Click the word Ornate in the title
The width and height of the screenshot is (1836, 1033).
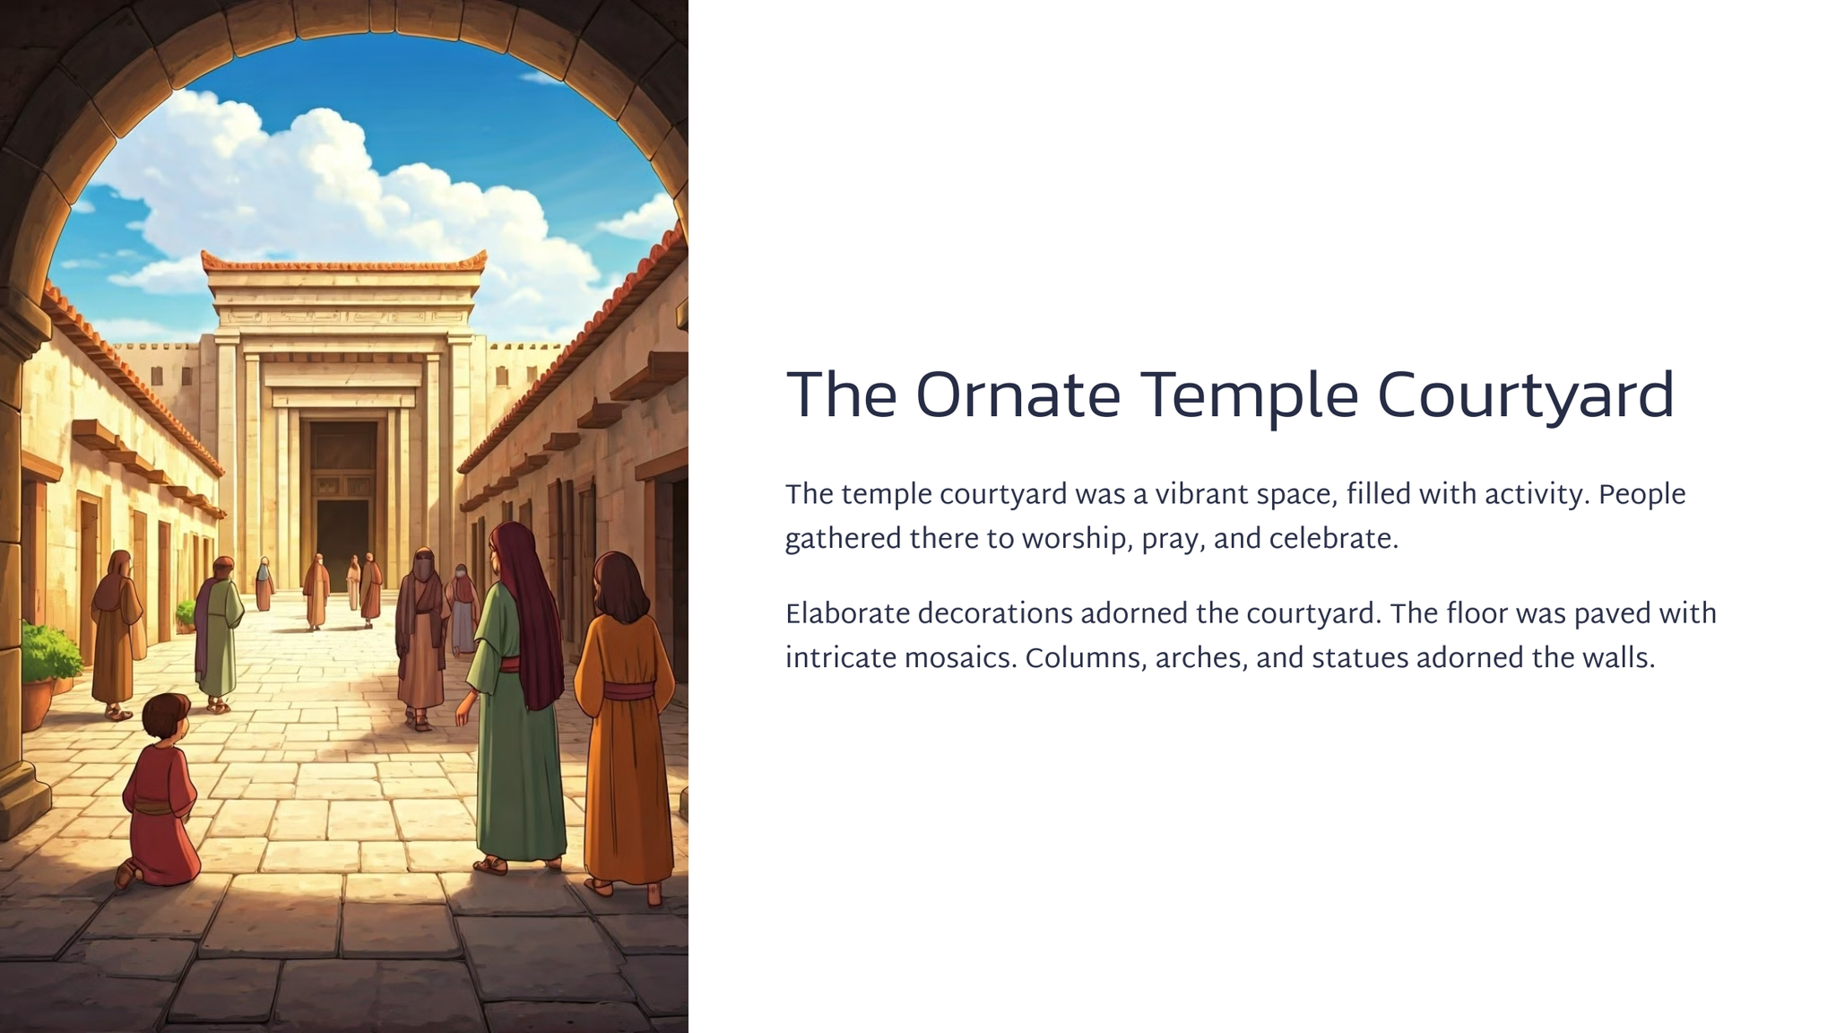(1018, 395)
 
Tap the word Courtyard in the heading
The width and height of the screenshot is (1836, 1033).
(1525, 397)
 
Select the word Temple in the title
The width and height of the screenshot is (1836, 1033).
(1249, 397)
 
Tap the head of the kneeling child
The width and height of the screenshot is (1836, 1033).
(166, 718)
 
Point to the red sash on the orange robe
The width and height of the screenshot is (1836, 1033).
(628, 691)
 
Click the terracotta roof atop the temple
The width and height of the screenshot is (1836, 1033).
(344, 264)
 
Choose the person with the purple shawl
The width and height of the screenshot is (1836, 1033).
(218, 633)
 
